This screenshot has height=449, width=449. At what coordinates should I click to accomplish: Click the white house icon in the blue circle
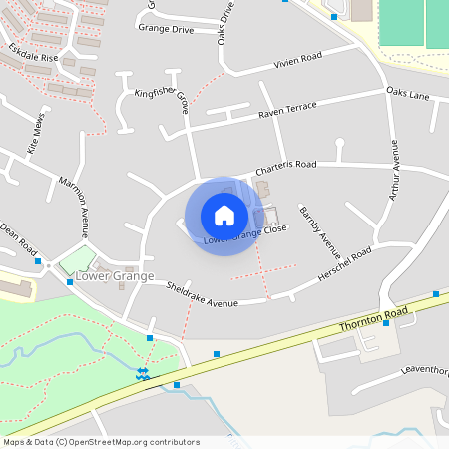(x=224, y=215)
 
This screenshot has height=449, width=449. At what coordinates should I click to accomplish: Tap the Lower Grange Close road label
(x=244, y=235)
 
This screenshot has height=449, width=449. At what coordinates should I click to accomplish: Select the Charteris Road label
(x=285, y=164)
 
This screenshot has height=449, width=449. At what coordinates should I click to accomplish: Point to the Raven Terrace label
(x=287, y=107)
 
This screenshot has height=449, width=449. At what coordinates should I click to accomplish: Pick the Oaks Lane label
(x=407, y=94)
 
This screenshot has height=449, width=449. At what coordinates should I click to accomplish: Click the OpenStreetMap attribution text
(x=101, y=442)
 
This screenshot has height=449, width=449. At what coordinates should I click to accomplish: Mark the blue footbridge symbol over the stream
(x=143, y=374)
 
